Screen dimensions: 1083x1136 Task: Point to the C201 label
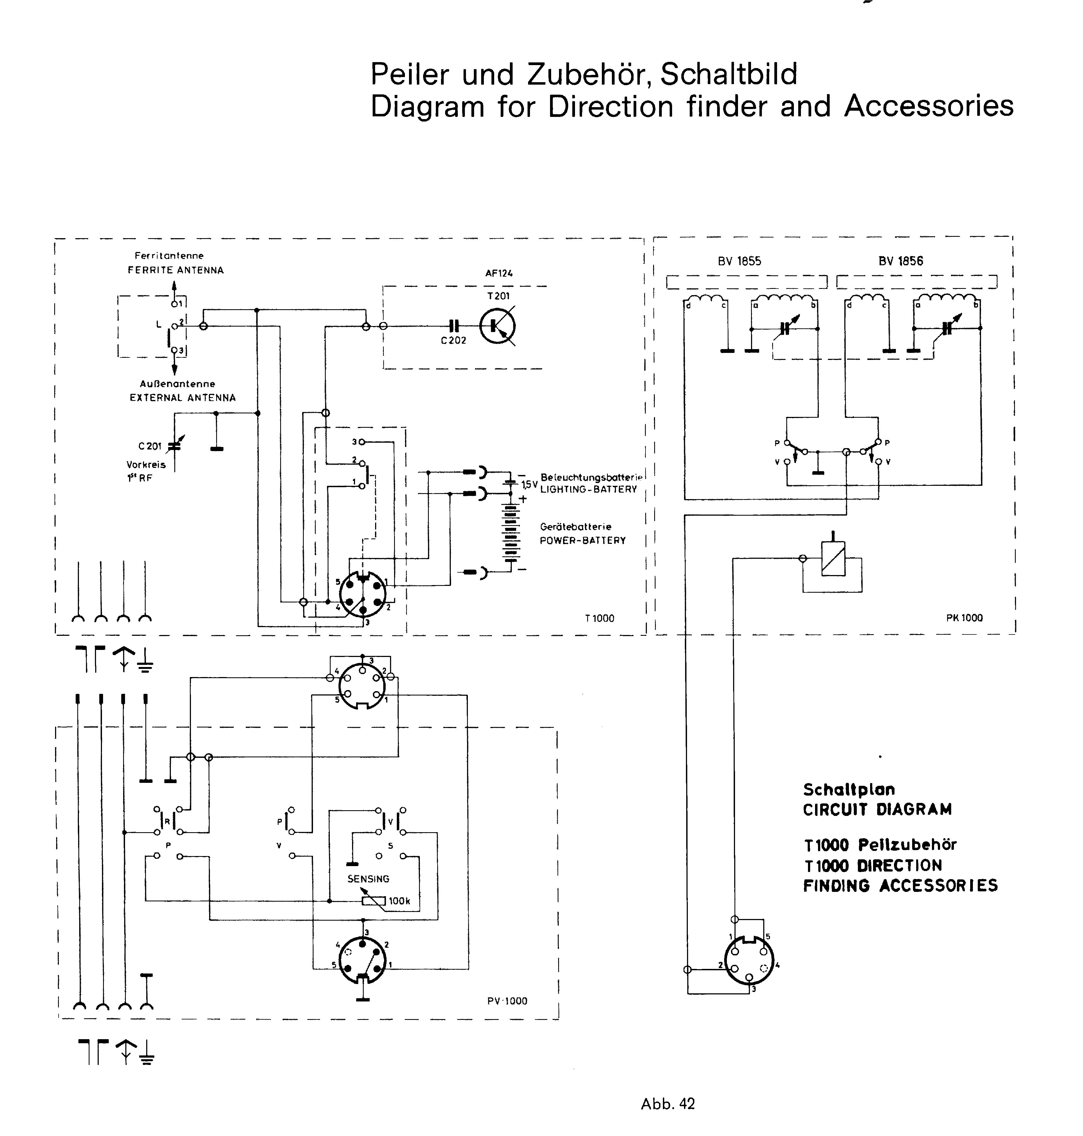point(150,446)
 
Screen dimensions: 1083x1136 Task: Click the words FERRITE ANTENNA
point(176,270)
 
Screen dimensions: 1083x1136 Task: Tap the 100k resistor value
point(400,901)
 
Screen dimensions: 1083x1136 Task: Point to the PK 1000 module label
point(964,618)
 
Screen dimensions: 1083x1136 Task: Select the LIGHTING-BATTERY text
point(589,490)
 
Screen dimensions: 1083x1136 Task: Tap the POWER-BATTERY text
point(583,541)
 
